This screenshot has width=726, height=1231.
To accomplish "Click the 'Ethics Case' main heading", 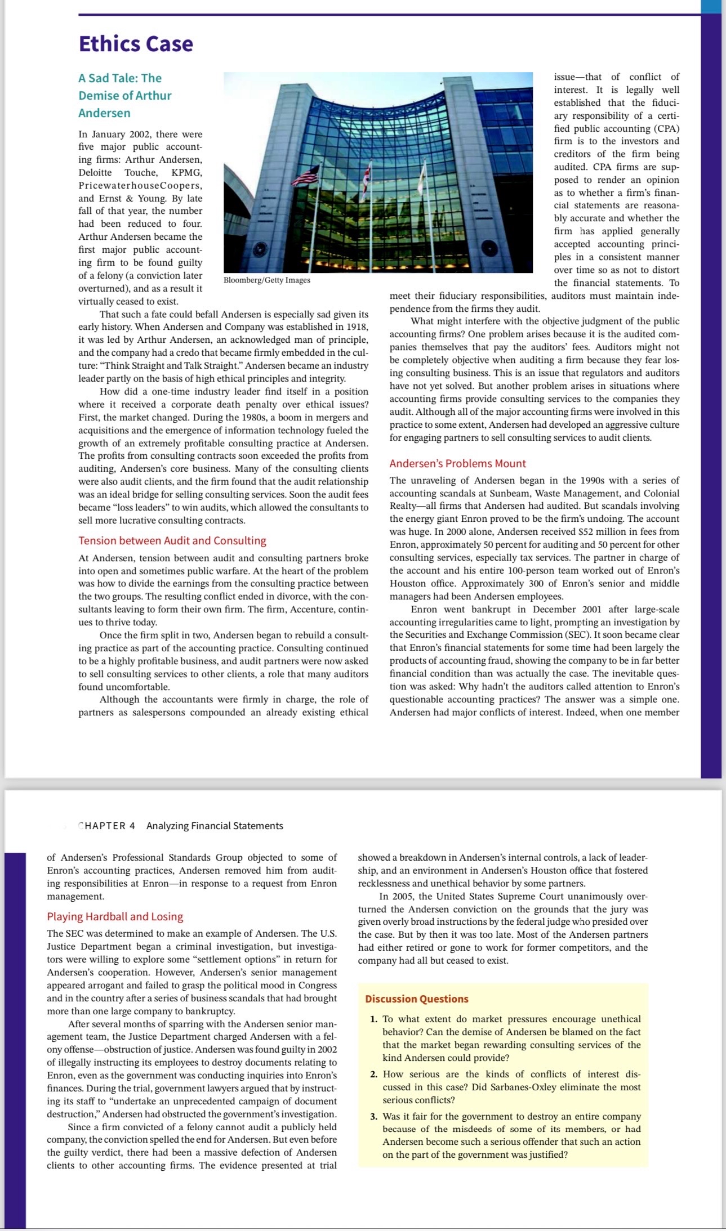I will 136,44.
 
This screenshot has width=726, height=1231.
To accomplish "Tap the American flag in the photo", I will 306,175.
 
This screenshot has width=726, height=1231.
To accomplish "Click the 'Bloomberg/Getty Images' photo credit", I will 267,280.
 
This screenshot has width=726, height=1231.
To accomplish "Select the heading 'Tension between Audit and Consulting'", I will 172,540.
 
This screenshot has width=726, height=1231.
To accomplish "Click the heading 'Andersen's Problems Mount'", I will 457,463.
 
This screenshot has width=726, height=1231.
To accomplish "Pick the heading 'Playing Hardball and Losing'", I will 115,916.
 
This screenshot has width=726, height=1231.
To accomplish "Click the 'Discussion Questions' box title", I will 416,999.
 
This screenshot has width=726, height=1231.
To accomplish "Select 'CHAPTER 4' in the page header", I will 107,826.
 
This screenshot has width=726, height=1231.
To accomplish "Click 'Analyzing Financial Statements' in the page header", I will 215,826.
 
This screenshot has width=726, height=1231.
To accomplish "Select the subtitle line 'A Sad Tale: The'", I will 120,78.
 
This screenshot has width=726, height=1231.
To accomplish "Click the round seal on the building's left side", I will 260,248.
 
